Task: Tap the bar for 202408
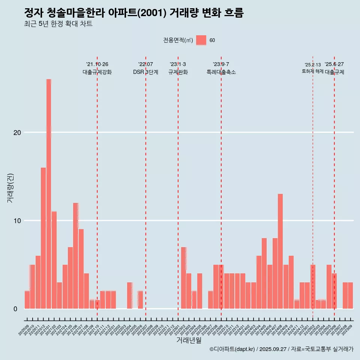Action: point(280,251)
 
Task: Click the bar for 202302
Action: point(184,278)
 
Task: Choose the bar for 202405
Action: point(264,273)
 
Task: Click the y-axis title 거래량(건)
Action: point(10,187)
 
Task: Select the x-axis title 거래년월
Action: point(189,340)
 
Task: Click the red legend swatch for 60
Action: point(201,40)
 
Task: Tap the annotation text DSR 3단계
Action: point(145,72)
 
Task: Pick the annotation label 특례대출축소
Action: point(221,72)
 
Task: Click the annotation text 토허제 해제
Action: point(312,71)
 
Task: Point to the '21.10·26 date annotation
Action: point(97,64)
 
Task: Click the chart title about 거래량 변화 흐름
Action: point(133,13)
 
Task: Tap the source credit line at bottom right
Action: point(281,349)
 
